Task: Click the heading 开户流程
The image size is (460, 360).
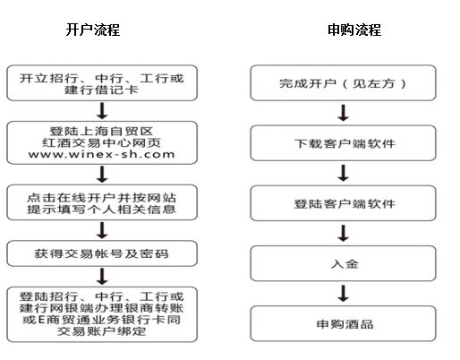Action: (x=93, y=30)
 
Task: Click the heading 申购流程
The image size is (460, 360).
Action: (x=354, y=30)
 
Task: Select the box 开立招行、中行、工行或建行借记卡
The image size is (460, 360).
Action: (x=102, y=83)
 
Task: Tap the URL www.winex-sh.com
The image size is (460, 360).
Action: (x=101, y=154)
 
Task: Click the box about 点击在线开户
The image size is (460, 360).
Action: (x=102, y=202)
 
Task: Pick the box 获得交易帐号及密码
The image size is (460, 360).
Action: (x=102, y=253)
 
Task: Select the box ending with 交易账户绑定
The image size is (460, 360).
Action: (x=102, y=314)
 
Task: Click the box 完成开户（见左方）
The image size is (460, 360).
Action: (x=343, y=82)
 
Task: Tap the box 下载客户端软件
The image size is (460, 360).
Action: (x=343, y=143)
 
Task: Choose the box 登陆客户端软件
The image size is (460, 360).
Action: (x=343, y=203)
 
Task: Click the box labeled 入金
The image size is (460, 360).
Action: (x=343, y=263)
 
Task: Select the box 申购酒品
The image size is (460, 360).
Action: (x=343, y=323)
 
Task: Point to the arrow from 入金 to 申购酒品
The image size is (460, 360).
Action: (x=344, y=294)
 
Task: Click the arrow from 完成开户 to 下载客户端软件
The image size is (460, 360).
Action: (x=344, y=113)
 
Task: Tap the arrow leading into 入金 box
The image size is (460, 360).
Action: (x=344, y=233)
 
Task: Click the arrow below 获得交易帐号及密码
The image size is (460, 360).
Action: (x=102, y=277)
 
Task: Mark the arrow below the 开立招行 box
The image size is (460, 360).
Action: (x=102, y=111)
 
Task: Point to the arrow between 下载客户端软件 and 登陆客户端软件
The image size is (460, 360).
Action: (x=344, y=173)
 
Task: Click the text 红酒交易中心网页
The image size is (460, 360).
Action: (x=101, y=142)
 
